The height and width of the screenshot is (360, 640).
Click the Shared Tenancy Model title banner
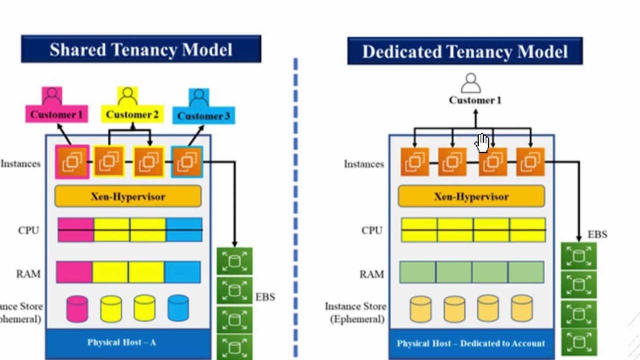[x=141, y=49]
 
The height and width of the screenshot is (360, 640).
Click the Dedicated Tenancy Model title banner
[x=464, y=51]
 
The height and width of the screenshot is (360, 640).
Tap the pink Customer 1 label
[x=56, y=114]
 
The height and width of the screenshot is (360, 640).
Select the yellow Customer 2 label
[x=132, y=114]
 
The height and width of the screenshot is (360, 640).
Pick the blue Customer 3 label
[x=203, y=116]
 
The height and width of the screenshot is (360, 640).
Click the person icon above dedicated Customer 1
[x=470, y=83]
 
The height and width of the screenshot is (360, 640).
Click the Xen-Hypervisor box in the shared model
[x=128, y=196]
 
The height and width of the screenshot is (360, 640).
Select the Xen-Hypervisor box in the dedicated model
[x=471, y=196]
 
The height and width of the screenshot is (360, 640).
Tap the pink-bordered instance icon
[x=72, y=162]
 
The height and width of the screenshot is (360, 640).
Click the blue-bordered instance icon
[x=187, y=162]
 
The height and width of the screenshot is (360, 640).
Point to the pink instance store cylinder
[x=77, y=308]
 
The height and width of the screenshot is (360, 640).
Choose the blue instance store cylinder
[x=178, y=308]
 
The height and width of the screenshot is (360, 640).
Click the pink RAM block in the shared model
[x=74, y=272]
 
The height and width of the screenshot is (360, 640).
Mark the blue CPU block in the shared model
[x=184, y=230]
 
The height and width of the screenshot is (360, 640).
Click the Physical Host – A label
[x=121, y=342]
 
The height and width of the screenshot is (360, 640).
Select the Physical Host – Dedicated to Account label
[x=470, y=343]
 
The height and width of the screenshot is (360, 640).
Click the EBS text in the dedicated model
[x=597, y=234]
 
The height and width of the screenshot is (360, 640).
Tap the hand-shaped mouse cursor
[x=482, y=142]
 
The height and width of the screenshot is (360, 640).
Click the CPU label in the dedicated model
[x=372, y=230]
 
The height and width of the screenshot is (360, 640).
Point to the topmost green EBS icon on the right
[x=579, y=256]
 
